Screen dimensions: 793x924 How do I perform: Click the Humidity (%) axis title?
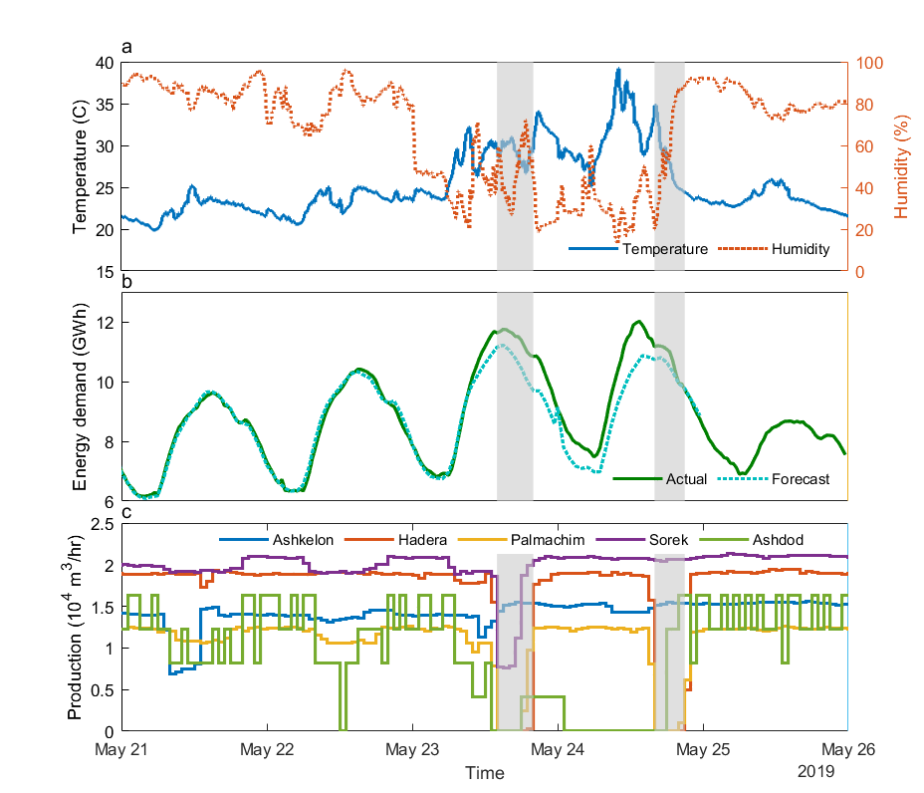pyautogui.click(x=901, y=166)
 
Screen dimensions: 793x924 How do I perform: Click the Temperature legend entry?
pyautogui.click(x=665, y=249)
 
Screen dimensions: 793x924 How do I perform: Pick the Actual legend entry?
pyautogui.click(x=682, y=479)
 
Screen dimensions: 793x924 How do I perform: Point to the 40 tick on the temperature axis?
pyautogui.click(x=104, y=62)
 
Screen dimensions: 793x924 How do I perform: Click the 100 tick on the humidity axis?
pyautogui.click(x=868, y=62)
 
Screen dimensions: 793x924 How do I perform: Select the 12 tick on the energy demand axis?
pyautogui.click(x=106, y=323)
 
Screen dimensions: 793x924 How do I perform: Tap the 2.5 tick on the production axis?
pyautogui.click(x=102, y=524)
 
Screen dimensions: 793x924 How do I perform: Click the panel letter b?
pyautogui.click(x=126, y=282)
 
